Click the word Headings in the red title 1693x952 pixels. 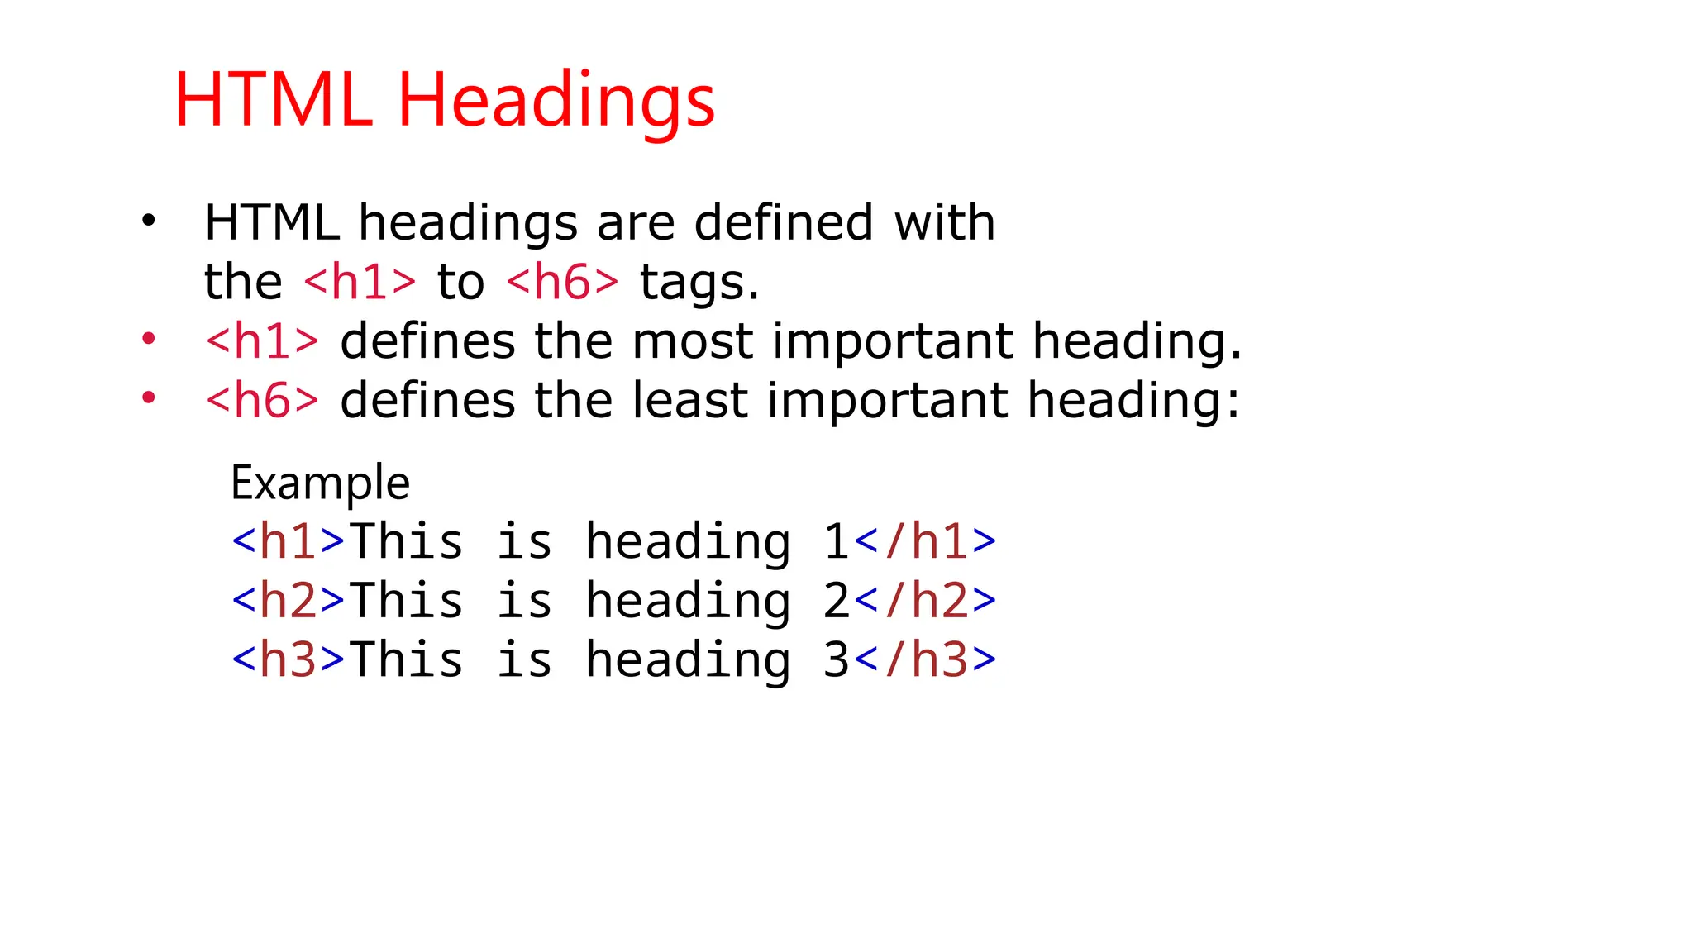pos(556,101)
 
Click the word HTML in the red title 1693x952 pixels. pos(273,101)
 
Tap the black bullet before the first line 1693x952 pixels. pos(148,221)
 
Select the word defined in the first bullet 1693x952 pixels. pos(783,222)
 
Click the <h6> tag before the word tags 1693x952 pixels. pos(562,282)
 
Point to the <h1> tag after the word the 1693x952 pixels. pos(360,282)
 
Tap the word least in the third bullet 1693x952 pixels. pos(690,401)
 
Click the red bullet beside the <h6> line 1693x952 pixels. pos(148,398)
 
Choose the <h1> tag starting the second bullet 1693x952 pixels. pos(262,341)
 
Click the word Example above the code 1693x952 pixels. pos(320,483)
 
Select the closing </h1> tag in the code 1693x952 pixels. pos(925,542)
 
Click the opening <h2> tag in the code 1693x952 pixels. pos(288,601)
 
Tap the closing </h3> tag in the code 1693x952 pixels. pos(925,660)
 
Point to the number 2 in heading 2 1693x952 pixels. pos(837,601)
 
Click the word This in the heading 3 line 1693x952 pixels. pos(406,660)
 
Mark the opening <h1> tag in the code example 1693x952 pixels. pos(288,542)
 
